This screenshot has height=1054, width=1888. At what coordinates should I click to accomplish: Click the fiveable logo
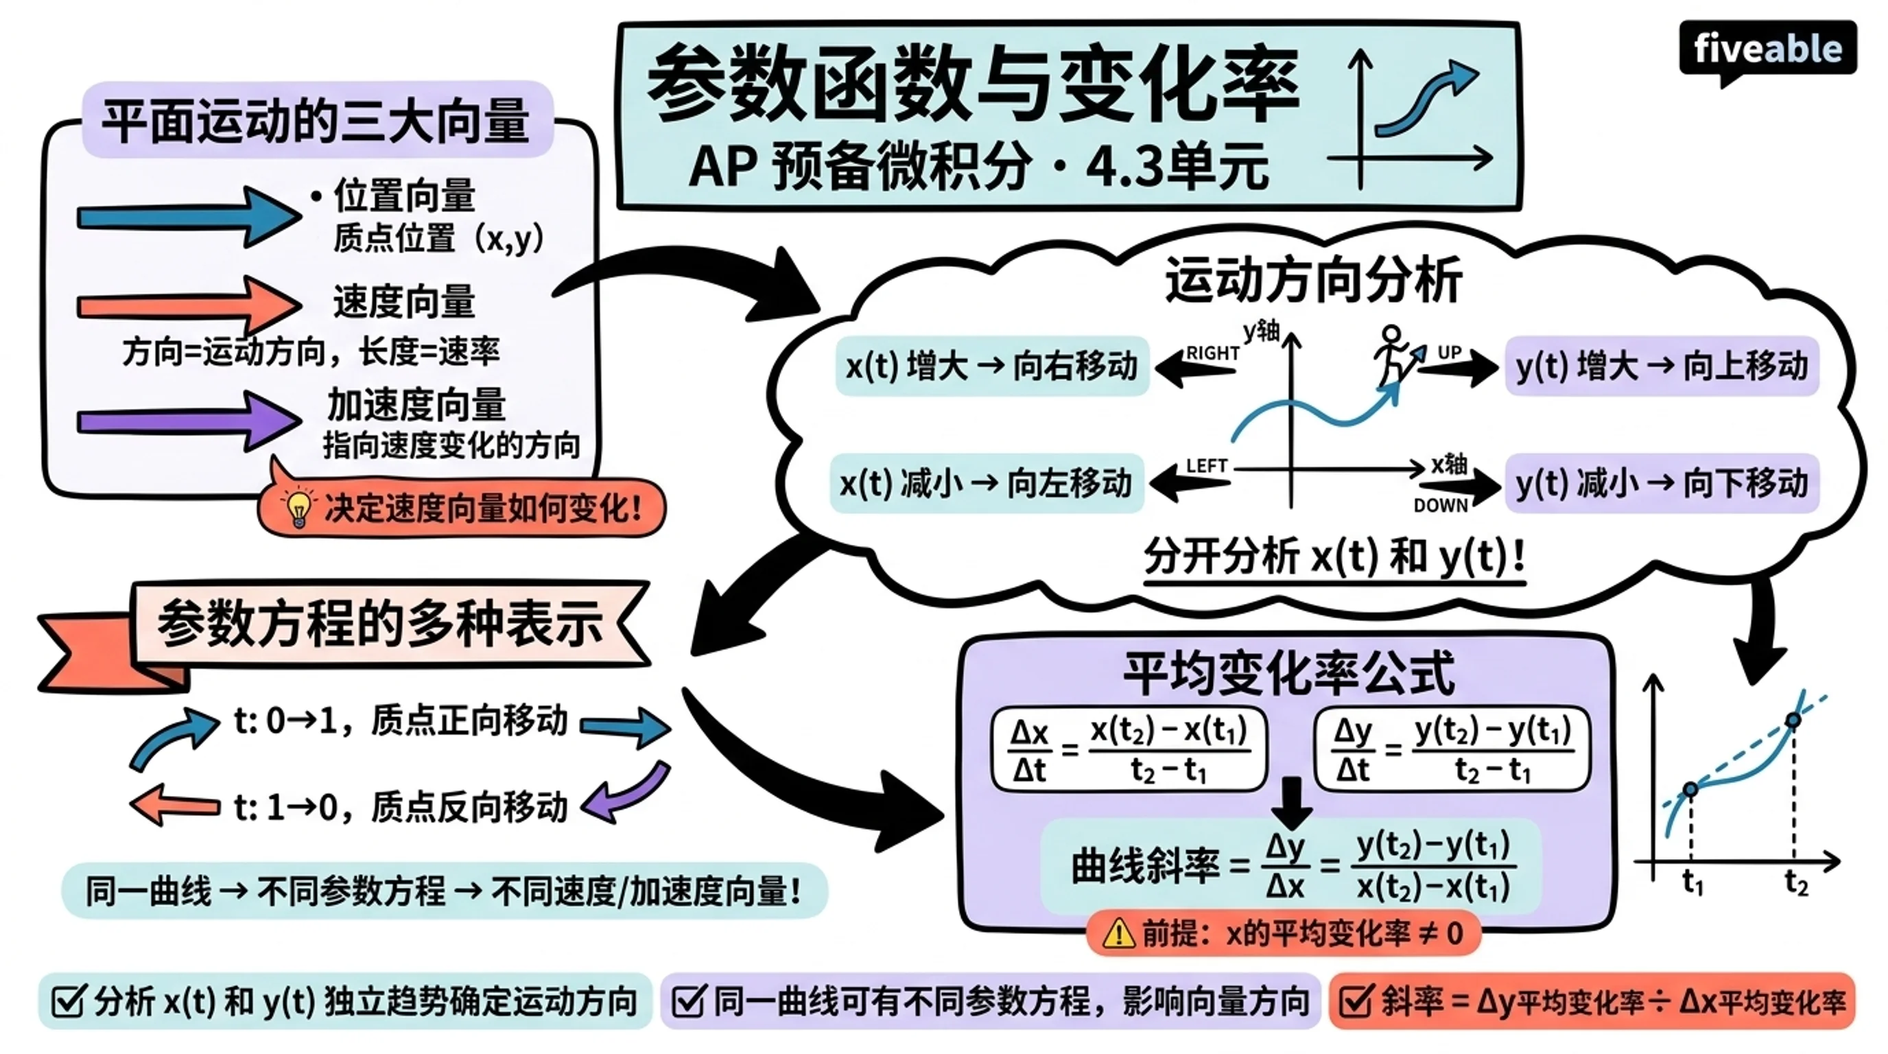tap(1767, 51)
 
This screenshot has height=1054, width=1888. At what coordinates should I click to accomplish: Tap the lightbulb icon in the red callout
tap(298, 508)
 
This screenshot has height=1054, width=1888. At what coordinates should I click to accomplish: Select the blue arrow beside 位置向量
tap(189, 217)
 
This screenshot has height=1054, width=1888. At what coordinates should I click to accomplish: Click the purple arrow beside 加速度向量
tap(189, 421)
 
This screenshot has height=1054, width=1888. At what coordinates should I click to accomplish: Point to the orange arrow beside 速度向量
tap(189, 305)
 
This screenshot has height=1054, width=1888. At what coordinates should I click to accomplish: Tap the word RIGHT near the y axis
tap(1213, 353)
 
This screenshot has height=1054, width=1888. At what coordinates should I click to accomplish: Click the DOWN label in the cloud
tap(1440, 506)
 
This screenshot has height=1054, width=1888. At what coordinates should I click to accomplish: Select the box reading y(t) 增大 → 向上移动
tap(1662, 366)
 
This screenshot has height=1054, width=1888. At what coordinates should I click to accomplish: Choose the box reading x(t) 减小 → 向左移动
tap(987, 484)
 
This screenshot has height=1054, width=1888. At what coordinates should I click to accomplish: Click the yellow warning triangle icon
tap(1118, 933)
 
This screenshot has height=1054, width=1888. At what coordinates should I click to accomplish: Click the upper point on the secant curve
tap(1793, 721)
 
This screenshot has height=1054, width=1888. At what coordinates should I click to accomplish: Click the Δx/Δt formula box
tap(1129, 749)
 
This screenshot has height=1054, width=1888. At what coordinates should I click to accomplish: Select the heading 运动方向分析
tap(1313, 280)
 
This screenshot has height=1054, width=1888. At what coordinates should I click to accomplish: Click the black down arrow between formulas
tap(1291, 804)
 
